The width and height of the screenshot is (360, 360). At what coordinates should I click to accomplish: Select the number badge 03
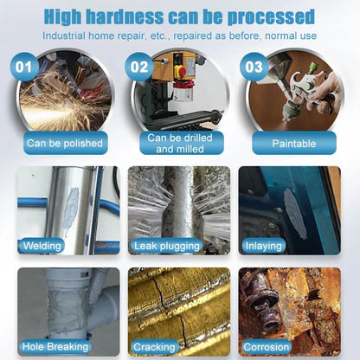pos(255,67)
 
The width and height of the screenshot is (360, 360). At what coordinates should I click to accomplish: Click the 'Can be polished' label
pos(65,143)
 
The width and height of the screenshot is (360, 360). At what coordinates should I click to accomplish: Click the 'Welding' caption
pos(42,246)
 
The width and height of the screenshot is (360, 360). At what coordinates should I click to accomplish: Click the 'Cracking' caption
pos(155,347)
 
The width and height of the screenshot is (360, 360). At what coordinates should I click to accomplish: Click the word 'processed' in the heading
pos(276,16)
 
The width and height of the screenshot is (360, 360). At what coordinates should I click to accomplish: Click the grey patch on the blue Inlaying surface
pos(295,213)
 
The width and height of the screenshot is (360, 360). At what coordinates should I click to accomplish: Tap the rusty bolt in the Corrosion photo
pos(260,303)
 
